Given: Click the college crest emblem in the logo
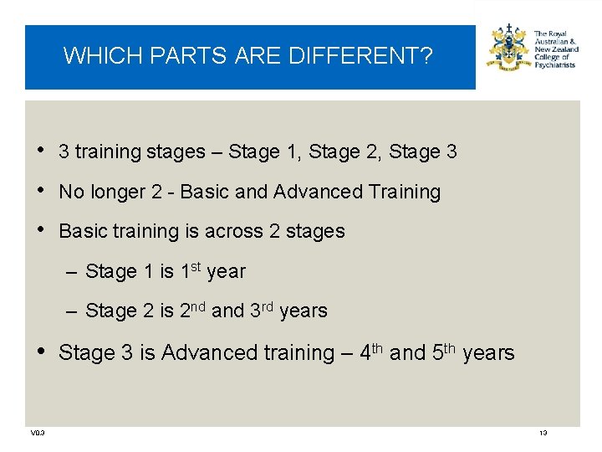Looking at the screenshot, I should (508, 49).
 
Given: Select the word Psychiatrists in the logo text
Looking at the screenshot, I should (555, 64).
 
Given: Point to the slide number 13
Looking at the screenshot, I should (543, 433).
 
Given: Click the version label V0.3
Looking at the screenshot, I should (38, 433).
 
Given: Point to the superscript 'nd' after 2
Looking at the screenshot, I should (200, 306).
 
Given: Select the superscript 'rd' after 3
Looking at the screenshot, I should (268, 306).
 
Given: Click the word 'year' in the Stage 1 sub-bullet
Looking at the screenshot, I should (226, 272).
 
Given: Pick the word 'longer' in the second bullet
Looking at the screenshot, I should (118, 192).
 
